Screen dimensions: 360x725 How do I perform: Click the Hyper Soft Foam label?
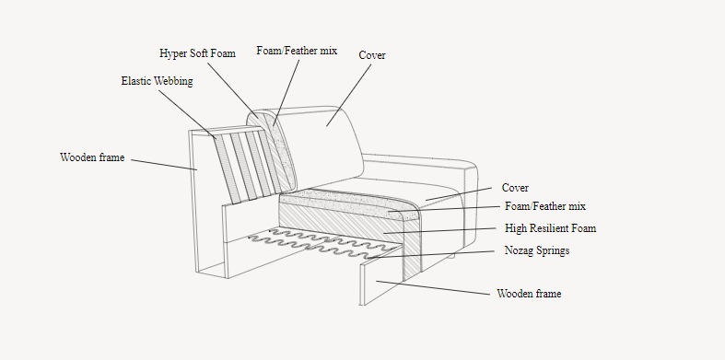pyautogui.click(x=197, y=53)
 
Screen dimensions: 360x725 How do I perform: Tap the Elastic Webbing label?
pyautogui.click(x=157, y=81)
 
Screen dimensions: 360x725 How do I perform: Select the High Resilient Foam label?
pyautogui.click(x=550, y=228)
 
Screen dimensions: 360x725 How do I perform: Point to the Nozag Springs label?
pyautogui.click(x=536, y=250)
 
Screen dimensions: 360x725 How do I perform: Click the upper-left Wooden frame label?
pyautogui.click(x=92, y=158)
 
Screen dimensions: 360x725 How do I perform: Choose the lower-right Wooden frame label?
pyautogui.click(x=529, y=295)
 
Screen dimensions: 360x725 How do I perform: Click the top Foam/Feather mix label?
pyautogui.click(x=296, y=51)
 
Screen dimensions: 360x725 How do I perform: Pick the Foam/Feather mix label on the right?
pyautogui.click(x=544, y=207)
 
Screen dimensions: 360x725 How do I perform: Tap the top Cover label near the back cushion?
pyautogui.click(x=371, y=55)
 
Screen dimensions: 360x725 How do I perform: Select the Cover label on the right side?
pyautogui.click(x=515, y=188)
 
